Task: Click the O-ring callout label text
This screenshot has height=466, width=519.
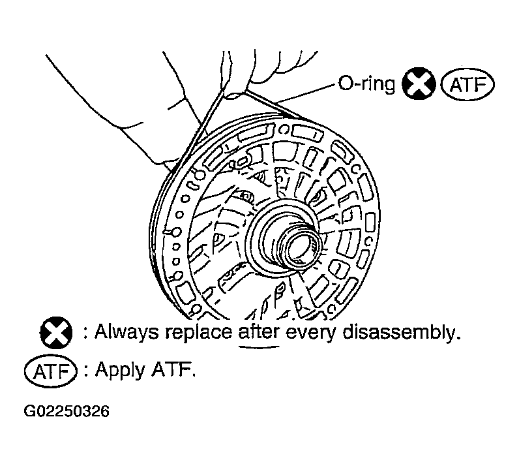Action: [366, 84]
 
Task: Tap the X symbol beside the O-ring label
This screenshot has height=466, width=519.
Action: [419, 84]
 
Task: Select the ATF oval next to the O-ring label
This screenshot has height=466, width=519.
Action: [467, 84]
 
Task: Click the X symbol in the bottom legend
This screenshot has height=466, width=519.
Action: [56, 333]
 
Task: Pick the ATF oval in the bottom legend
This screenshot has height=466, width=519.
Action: [51, 371]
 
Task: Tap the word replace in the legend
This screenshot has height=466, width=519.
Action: [199, 332]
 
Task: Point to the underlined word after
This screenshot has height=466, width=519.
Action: [259, 331]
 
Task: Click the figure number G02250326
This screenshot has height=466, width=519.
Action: [67, 411]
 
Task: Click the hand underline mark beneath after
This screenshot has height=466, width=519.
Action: [259, 347]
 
